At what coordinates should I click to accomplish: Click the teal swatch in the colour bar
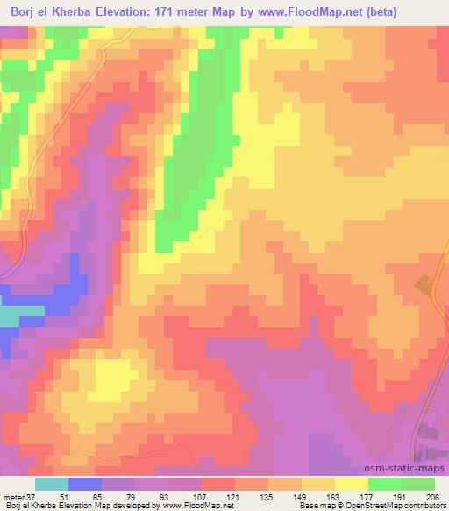pos(51,484)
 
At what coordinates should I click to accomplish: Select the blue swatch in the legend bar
pos(84,484)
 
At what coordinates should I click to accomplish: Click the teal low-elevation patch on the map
pos(11,315)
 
